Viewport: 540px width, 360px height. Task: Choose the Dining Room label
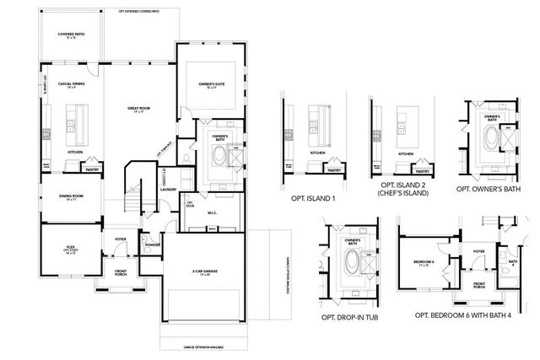tap(70, 196)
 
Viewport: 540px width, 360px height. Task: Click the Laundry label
tap(167, 190)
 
